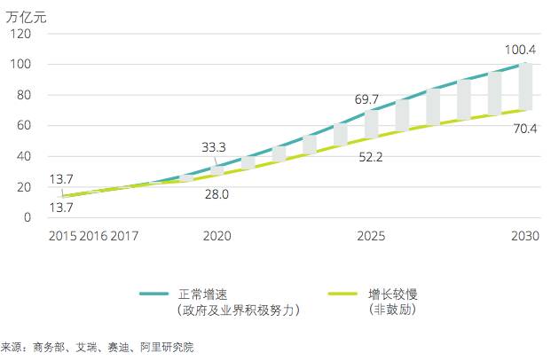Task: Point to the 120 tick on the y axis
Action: pyautogui.click(x=22, y=35)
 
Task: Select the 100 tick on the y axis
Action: pyautogui.click(x=22, y=65)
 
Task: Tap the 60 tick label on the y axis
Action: pyautogui.click(x=26, y=126)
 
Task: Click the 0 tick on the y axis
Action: pyautogui.click(x=28, y=217)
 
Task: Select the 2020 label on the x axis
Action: pyautogui.click(x=216, y=236)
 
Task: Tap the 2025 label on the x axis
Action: pyautogui.click(x=371, y=236)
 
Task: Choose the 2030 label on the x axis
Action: pyautogui.click(x=525, y=236)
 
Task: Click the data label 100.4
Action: pyautogui.click(x=522, y=50)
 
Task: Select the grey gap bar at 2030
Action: pyautogui.click(x=525, y=86)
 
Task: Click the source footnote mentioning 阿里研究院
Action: pyautogui.click(x=98, y=348)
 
